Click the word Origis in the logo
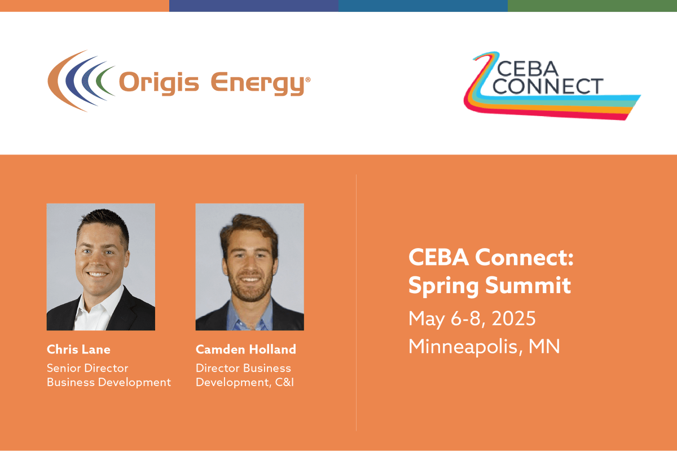[x=159, y=83]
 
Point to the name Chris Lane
[x=78, y=350]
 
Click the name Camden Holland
[x=245, y=350]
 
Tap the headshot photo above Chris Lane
[x=100, y=266]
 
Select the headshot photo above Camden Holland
[x=249, y=266]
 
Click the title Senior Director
[x=87, y=368]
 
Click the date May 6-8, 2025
[x=472, y=319]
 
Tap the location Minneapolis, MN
[x=484, y=346]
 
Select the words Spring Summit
[x=489, y=286]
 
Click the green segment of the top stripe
[x=592, y=6]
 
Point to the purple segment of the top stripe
[x=254, y=6]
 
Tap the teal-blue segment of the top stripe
[x=423, y=6]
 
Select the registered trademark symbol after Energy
[x=307, y=80]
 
